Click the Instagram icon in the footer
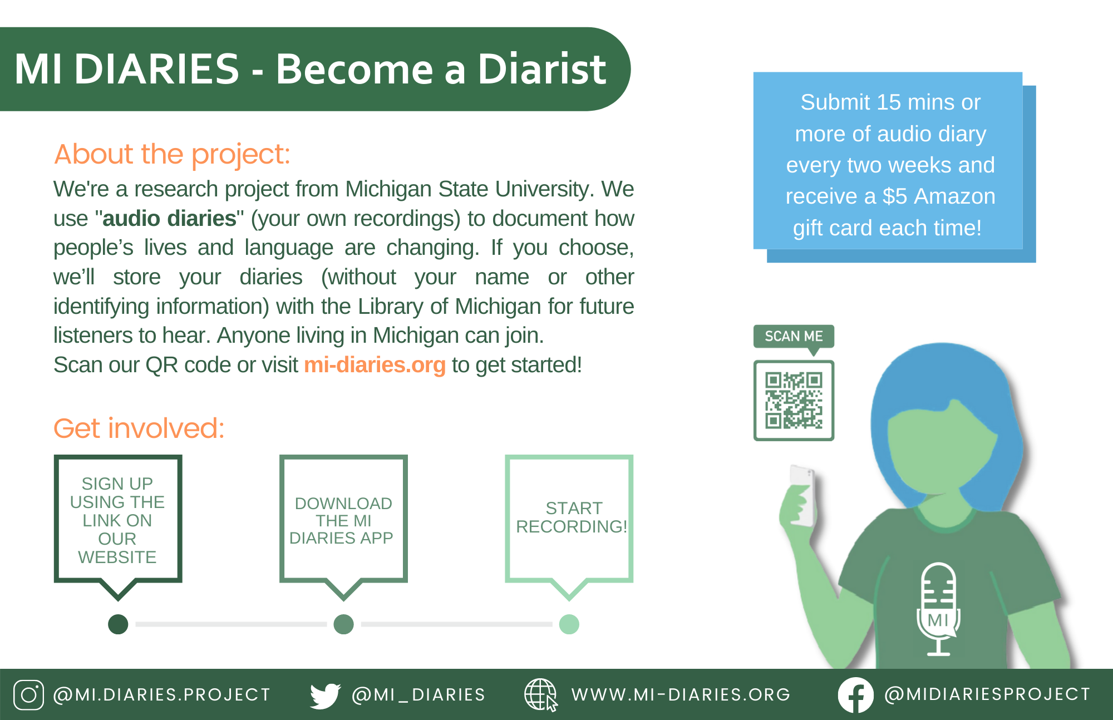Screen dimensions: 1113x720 (28, 695)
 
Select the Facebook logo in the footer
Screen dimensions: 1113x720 (855, 695)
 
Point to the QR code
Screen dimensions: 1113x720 (794, 401)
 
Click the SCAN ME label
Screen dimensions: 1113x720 (794, 337)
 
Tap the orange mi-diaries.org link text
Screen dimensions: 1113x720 (375, 365)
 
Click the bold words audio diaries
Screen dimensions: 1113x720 (169, 219)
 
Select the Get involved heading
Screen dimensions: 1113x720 (139, 428)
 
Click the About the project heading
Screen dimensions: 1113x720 (172, 154)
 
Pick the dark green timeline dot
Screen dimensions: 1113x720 (118, 624)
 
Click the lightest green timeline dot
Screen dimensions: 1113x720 (569, 624)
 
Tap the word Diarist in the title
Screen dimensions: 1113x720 (541, 69)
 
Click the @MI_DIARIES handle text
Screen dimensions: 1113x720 (418, 695)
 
